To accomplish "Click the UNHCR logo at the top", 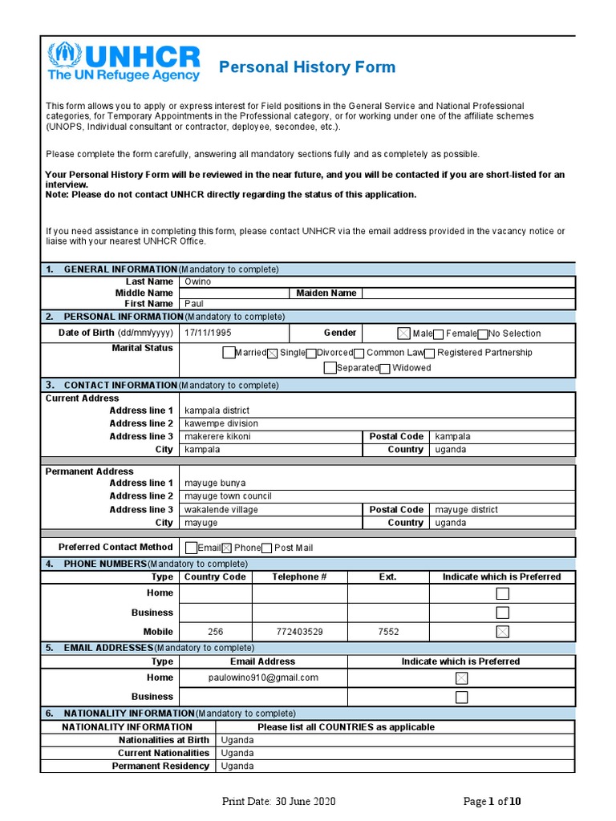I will tap(124, 62).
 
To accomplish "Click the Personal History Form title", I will tap(307, 67).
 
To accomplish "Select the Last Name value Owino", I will tap(199, 281).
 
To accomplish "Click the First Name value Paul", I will tap(194, 304).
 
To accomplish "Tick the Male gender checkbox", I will tap(403, 334).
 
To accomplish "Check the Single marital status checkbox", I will tap(272, 354).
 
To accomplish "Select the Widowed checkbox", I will tap(385, 369).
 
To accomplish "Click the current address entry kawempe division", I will tap(221, 423).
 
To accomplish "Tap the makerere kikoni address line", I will tap(217, 436).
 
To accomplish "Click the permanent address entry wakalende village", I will tap(221, 509).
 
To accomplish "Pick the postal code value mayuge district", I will tap(466, 509).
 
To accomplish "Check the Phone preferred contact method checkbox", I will tap(226, 548).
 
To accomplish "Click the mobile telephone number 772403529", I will tap(298, 632).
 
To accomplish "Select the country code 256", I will tap(215, 632).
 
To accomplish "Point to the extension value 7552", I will tap(388, 632).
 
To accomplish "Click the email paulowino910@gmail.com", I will tap(263, 677).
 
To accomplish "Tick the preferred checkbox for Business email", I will tap(461, 698).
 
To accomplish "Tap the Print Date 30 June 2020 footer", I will tap(278, 802).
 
